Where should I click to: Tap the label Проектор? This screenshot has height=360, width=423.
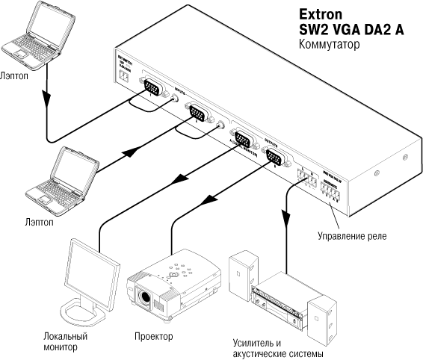(153, 336)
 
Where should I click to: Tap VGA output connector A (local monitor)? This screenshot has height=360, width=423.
(243, 140)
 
